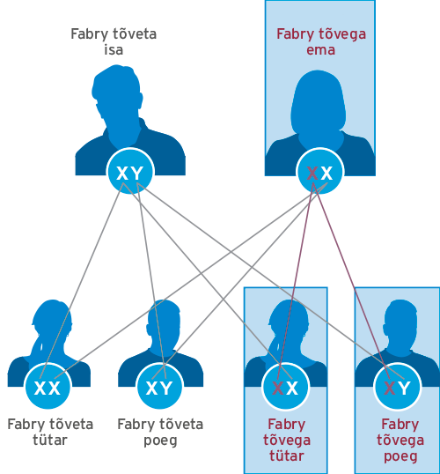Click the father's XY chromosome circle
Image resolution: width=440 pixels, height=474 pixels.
130,171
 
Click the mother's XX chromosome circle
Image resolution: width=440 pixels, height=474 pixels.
319,171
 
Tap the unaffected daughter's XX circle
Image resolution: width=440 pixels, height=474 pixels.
48,386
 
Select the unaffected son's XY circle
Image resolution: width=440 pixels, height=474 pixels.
159,386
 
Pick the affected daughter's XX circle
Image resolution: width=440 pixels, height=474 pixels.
285,386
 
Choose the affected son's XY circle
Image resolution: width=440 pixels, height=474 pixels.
398,386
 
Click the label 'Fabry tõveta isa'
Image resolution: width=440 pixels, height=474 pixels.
114,41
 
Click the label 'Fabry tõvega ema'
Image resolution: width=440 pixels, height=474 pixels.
321,41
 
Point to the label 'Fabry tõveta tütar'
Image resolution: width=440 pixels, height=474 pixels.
50,432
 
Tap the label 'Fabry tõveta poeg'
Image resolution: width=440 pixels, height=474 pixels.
160,433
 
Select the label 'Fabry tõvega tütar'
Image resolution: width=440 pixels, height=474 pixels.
287,441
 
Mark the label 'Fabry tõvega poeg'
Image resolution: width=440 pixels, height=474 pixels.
400,441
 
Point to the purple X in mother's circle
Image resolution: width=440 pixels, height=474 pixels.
312,174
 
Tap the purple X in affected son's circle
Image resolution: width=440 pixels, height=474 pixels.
390,389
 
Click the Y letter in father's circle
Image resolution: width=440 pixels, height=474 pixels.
137,174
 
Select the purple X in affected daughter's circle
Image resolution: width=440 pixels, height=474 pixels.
278,389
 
